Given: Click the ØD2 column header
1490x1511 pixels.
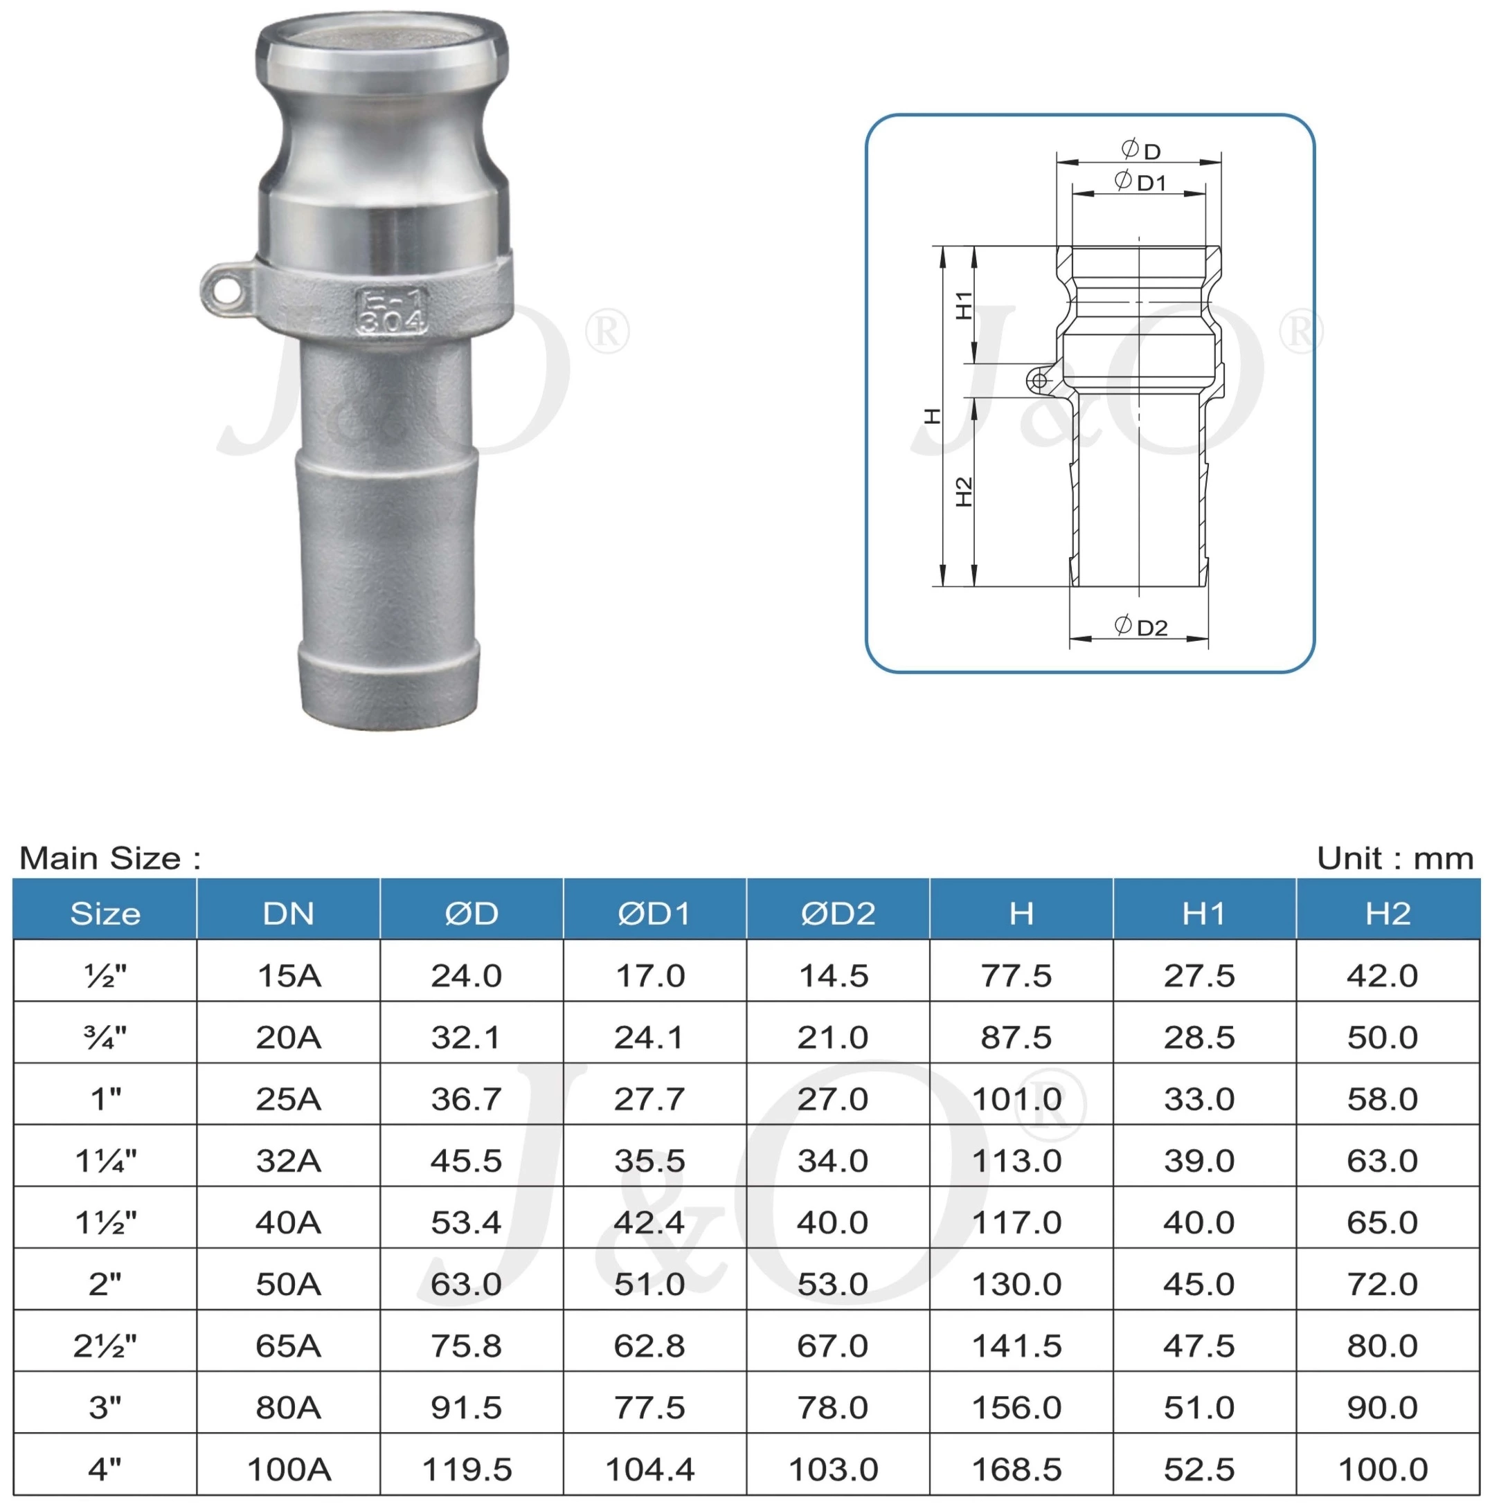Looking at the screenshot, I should tap(837, 914).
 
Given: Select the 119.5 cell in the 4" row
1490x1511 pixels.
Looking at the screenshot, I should tap(466, 1469).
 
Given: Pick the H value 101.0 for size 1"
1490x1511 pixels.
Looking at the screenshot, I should tap(1016, 1099).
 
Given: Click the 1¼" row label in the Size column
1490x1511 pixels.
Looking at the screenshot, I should tap(106, 1161).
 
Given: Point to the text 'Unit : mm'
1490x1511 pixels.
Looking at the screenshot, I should tap(1394, 859).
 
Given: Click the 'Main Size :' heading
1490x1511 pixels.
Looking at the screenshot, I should tap(110, 859).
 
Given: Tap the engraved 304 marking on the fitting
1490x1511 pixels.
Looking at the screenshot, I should tap(392, 321).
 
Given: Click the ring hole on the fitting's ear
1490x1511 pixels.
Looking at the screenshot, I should tap(226, 291).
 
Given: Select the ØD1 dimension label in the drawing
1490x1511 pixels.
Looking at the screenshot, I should tap(1140, 181).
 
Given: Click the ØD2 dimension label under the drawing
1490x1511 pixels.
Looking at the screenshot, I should tap(1140, 626).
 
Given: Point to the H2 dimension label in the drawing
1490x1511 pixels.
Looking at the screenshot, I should tap(964, 491).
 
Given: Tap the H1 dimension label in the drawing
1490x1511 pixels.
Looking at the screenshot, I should tap(964, 305).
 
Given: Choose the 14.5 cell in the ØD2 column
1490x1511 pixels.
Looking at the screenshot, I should tap(833, 975).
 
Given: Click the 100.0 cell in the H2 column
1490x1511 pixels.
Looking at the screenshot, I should tap(1382, 1469).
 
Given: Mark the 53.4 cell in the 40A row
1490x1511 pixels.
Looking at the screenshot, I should tap(466, 1222).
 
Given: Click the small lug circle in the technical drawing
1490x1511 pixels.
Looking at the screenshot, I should tap(1039, 381).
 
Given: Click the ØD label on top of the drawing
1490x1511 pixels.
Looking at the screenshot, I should tap(1140, 149).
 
